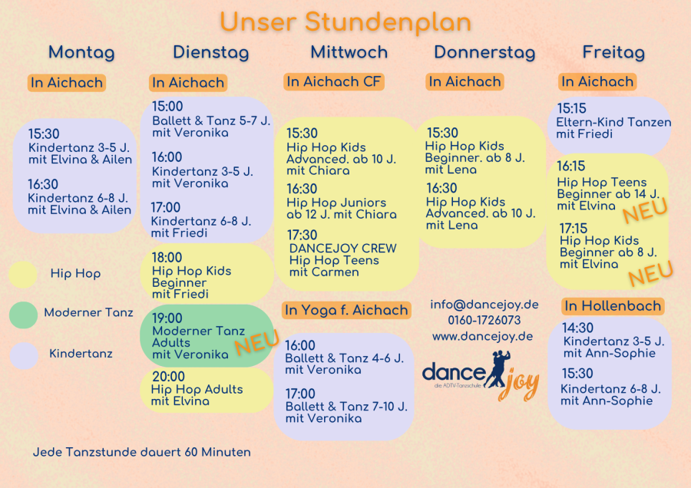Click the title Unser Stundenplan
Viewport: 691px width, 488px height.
(x=345, y=22)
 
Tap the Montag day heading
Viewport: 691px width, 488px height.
(x=81, y=52)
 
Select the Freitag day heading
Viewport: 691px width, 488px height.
(x=613, y=52)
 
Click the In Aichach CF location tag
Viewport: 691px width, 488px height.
(x=334, y=81)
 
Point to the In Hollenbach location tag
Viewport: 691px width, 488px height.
(x=613, y=306)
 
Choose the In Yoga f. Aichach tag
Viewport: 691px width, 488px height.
(x=346, y=310)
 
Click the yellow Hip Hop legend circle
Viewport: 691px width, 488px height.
(x=23, y=275)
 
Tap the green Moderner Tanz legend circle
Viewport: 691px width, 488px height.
(x=23, y=315)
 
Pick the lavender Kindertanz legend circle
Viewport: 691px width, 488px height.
(x=24, y=355)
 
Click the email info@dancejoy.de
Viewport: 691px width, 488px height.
(x=484, y=305)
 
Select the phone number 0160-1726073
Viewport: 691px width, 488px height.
(x=484, y=320)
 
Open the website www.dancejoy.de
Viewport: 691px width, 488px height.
(x=483, y=337)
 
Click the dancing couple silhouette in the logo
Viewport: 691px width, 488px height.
(x=498, y=369)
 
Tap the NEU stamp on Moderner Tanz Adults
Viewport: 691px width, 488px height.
(x=257, y=342)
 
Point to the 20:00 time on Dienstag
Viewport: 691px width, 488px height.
(x=168, y=377)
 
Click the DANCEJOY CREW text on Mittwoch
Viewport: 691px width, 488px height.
(x=343, y=249)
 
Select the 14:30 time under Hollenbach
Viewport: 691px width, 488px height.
(x=577, y=328)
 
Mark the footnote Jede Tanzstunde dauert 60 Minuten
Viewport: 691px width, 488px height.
(x=142, y=453)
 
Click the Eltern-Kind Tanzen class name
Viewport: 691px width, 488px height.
(x=613, y=122)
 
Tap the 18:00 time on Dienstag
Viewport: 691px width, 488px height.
(x=167, y=258)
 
